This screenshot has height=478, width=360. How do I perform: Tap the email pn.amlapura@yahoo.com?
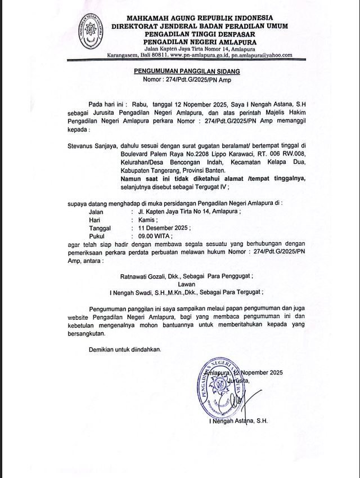pyautogui.click(x=263, y=55)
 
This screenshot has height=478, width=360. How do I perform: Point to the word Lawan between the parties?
pyautogui.click(x=187, y=285)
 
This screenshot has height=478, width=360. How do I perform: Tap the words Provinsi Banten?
pyautogui.click(x=205, y=169)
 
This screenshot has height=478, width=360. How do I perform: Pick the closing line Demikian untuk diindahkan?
pyautogui.click(x=125, y=349)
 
